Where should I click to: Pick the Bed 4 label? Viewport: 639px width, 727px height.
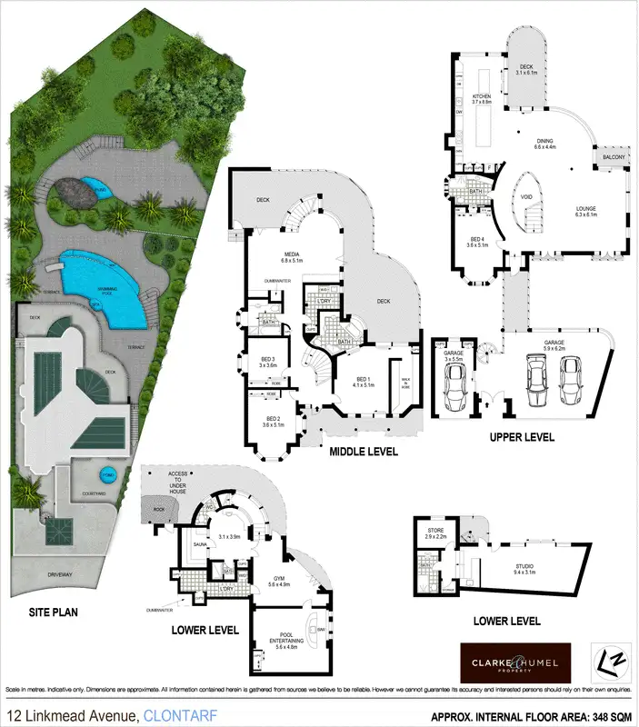[477, 241]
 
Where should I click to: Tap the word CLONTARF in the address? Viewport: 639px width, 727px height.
[174, 714]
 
